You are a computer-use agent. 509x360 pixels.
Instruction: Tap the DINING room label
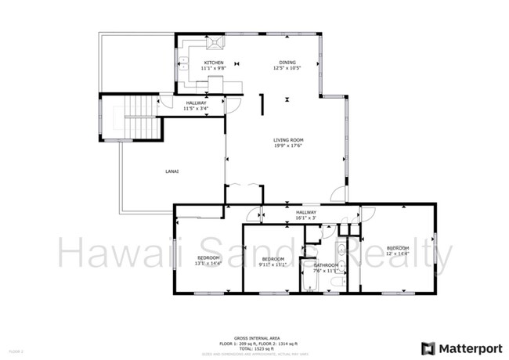pyautogui.click(x=288, y=63)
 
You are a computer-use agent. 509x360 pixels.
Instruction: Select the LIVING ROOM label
pyautogui.click(x=288, y=141)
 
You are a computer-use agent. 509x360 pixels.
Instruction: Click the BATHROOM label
pyautogui.click(x=327, y=265)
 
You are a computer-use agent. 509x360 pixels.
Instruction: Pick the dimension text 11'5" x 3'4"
pyautogui.click(x=196, y=108)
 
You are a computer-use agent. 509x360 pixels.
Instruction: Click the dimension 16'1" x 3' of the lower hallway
pyautogui.click(x=305, y=218)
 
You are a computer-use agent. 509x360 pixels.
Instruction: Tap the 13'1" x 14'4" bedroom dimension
pyautogui.click(x=208, y=264)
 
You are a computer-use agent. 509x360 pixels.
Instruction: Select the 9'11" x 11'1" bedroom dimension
pyautogui.click(x=273, y=265)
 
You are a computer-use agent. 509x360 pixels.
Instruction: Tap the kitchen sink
pyautogui.click(x=186, y=63)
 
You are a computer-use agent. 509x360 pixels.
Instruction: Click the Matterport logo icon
pyautogui.click(x=429, y=348)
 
